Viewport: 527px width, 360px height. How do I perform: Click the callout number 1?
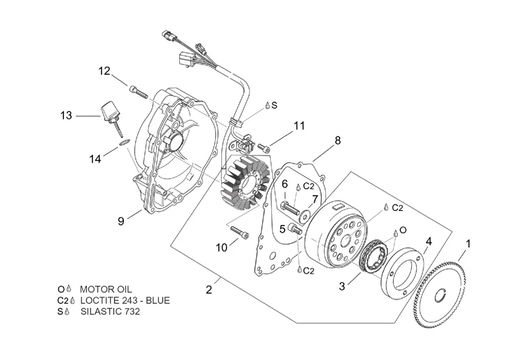[x=468, y=243]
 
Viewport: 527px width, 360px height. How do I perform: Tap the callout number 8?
[x=337, y=140]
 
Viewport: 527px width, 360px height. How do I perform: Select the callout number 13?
[x=67, y=115]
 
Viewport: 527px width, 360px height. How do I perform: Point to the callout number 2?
[x=209, y=289]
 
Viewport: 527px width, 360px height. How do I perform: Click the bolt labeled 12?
[x=138, y=92]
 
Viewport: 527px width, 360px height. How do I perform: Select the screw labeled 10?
[x=240, y=233]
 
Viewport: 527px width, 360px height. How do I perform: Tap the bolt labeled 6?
[x=289, y=208]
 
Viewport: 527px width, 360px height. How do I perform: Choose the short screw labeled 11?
[x=264, y=147]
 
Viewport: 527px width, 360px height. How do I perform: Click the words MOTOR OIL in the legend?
[x=106, y=289]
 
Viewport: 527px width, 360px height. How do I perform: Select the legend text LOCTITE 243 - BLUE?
[x=125, y=300]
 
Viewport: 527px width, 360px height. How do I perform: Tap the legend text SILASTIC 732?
[x=110, y=311]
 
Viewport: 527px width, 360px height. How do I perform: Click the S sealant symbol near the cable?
[x=271, y=105]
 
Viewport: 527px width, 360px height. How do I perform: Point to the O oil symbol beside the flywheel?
[x=400, y=231]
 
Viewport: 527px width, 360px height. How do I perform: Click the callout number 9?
[x=121, y=221]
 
